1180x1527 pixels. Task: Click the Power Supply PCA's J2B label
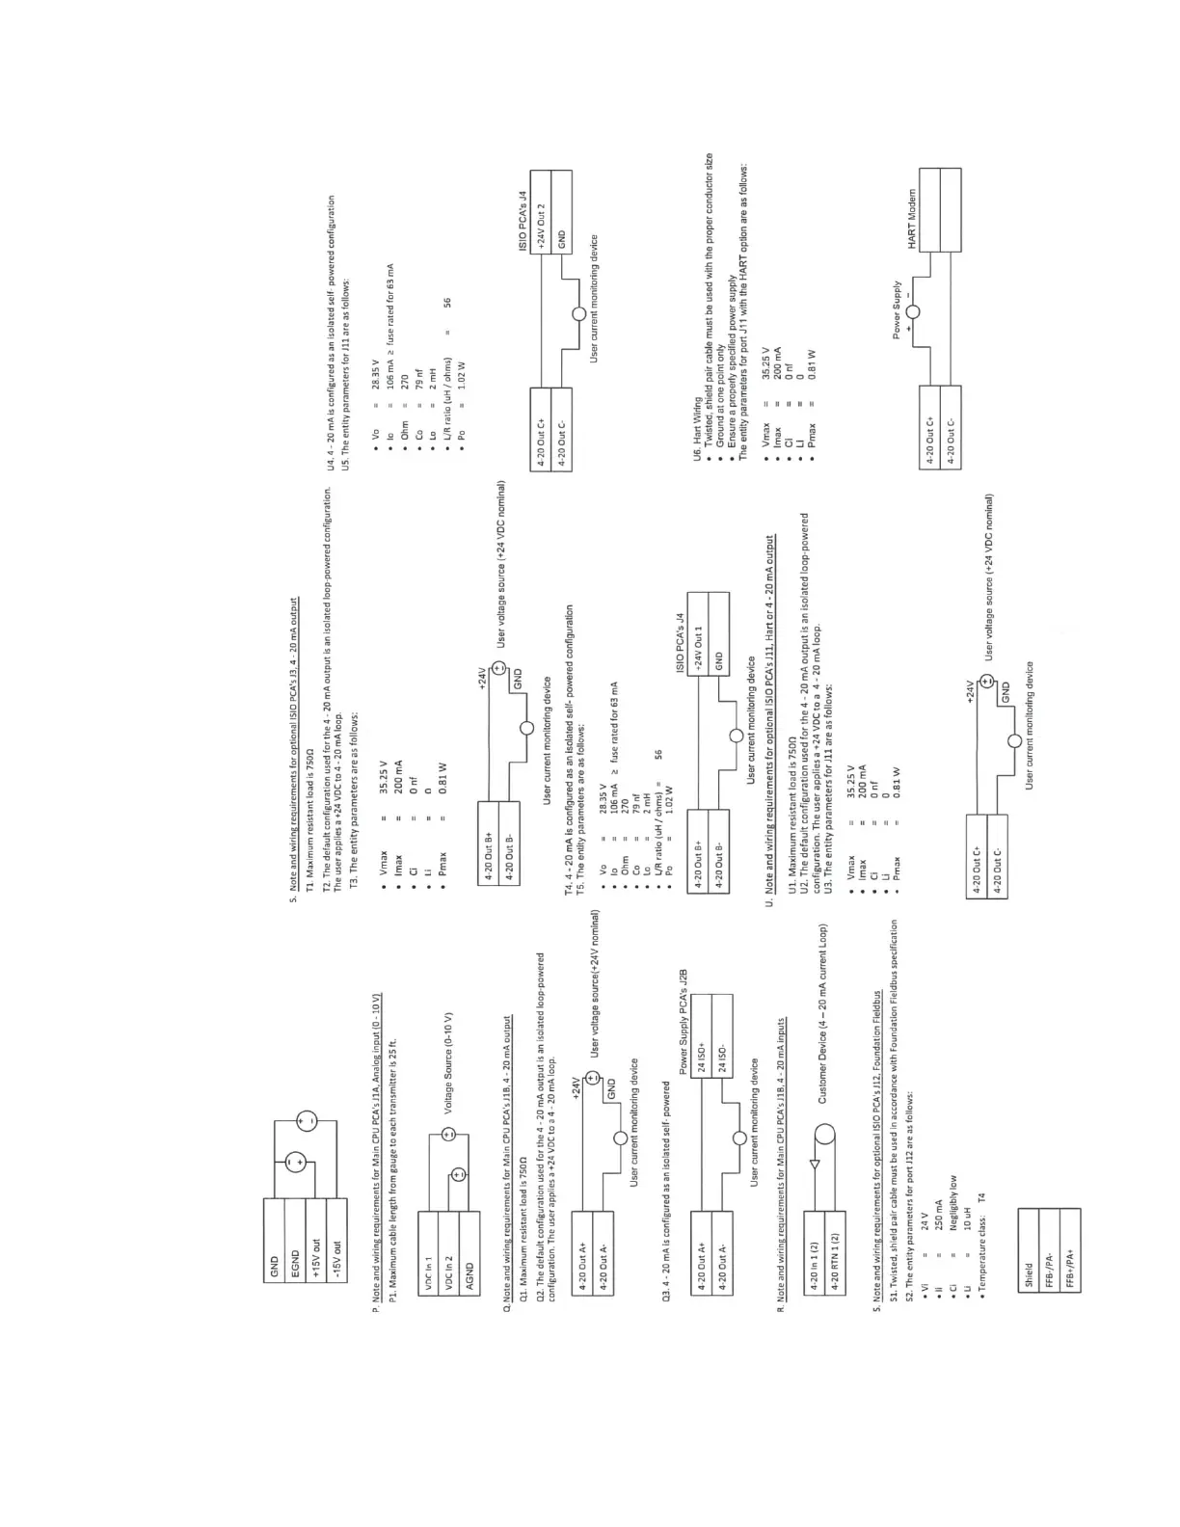tap(683, 1022)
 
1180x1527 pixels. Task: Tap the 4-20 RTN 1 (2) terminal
tap(835, 1250)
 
